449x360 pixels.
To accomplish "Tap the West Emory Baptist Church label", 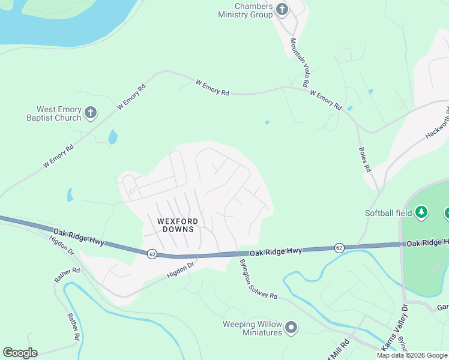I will (x=59, y=113).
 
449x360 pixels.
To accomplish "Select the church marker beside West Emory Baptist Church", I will (x=90, y=113).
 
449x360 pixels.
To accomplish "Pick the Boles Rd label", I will (x=364, y=160).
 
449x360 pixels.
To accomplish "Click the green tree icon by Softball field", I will (x=422, y=212).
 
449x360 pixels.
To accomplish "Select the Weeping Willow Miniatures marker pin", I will (x=291, y=327).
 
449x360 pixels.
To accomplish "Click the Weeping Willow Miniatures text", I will (x=253, y=328).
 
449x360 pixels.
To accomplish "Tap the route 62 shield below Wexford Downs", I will (x=152, y=253).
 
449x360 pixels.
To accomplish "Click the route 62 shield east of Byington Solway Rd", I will (x=339, y=248).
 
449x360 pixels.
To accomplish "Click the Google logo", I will (x=20, y=353).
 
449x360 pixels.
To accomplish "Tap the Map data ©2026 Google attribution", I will (x=411, y=355).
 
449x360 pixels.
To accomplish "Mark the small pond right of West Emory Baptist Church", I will (x=112, y=137).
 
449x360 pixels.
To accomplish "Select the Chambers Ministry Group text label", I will (x=245, y=10).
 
